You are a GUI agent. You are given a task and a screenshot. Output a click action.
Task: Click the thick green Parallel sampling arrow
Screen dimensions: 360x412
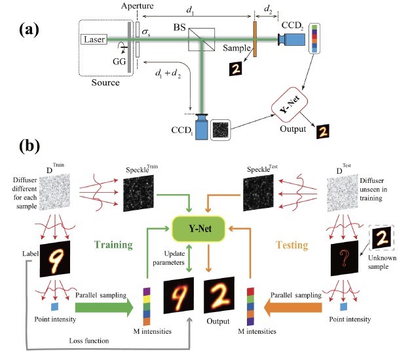(102, 306)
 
